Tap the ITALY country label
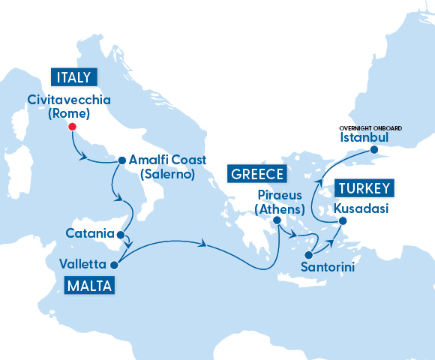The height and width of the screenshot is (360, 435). [73, 76]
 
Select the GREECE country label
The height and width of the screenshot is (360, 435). [256, 175]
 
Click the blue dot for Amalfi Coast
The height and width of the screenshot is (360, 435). [121, 160]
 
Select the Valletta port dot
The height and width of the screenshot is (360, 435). [114, 265]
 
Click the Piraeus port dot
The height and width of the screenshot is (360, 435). [277, 220]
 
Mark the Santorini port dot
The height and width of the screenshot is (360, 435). [308, 255]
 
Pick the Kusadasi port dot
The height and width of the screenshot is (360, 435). [343, 221]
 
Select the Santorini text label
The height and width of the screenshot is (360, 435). [327, 267]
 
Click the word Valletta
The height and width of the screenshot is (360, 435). [82, 264]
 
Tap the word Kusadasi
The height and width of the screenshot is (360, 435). [362, 208]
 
